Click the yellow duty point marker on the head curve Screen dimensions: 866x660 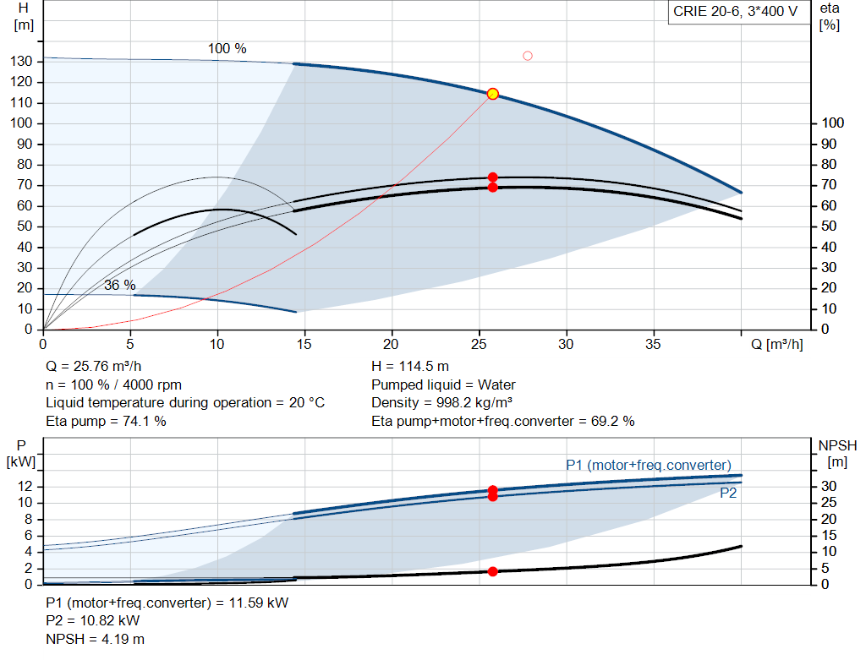[x=493, y=94]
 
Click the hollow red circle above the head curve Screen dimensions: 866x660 [x=528, y=56]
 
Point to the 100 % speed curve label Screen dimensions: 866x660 [x=227, y=48]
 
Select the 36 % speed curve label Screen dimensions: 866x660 [x=120, y=285]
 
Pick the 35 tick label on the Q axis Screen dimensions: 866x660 [x=653, y=344]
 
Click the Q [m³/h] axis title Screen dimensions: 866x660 [x=777, y=344]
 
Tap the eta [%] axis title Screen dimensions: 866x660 [x=830, y=17]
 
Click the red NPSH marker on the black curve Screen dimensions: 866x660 [x=493, y=571]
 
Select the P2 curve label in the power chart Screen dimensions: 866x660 [x=728, y=493]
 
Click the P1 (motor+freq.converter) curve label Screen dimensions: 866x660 [x=649, y=465]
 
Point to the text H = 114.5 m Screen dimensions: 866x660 [x=410, y=366]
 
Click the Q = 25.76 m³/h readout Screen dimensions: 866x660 [x=93, y=366]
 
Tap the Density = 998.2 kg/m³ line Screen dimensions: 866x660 [x=441, y=402]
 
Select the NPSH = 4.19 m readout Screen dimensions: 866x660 [x=95, y=639]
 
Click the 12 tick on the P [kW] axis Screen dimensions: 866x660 [x=25, y=486]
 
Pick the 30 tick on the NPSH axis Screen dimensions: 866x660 [x=829, y=486]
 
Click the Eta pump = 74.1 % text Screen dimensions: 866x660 [x=106, y=421]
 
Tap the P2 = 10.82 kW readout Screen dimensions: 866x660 [x=93, y=620]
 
